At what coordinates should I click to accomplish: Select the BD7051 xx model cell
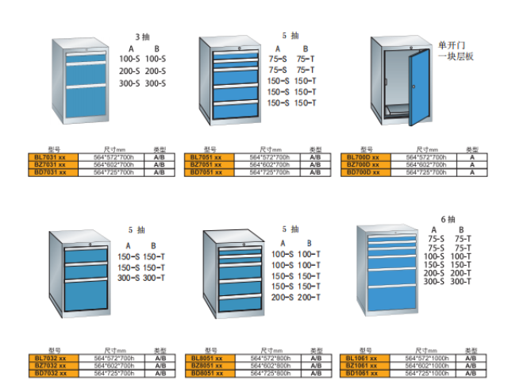(x=210, y=171)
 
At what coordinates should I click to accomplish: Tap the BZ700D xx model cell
(x=366, y=164)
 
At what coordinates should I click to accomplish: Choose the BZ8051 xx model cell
(x=210, y=365)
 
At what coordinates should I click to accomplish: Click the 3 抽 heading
(x=142, y=37)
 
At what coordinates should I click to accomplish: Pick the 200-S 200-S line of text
(x=142, y=71)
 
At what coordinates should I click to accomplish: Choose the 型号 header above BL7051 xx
(x=210, y=150)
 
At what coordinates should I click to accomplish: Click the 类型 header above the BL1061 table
(x=471, y=352)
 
